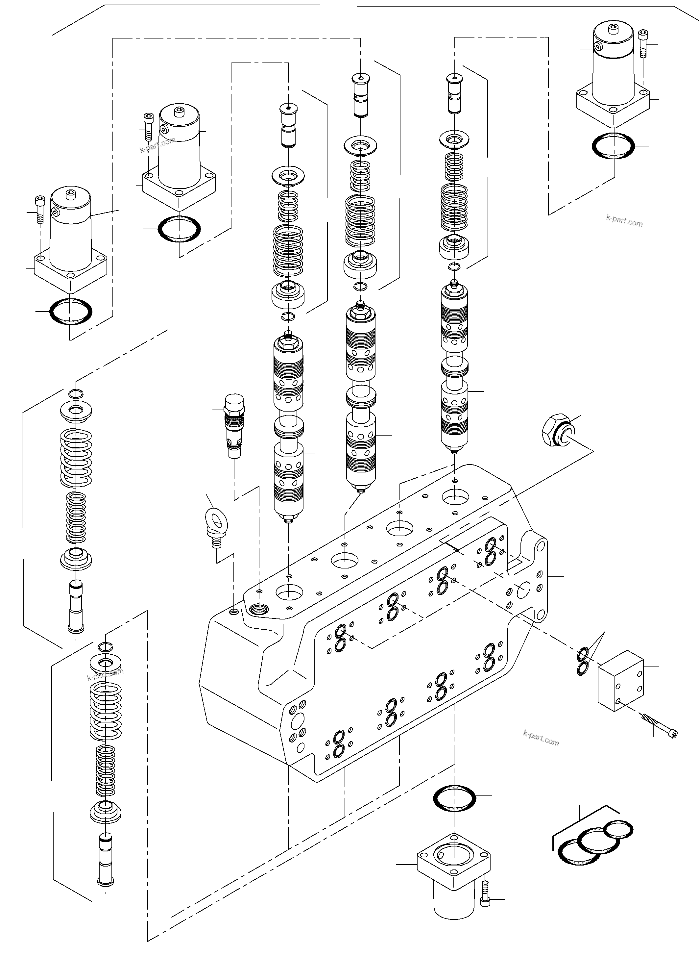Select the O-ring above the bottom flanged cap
click(x=455, y=798)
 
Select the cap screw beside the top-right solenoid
click(x=643, y=43)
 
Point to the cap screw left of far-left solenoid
click(x=40, y=209)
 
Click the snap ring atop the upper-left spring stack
click(x=78, y=393)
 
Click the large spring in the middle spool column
click(x=360, y=220)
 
